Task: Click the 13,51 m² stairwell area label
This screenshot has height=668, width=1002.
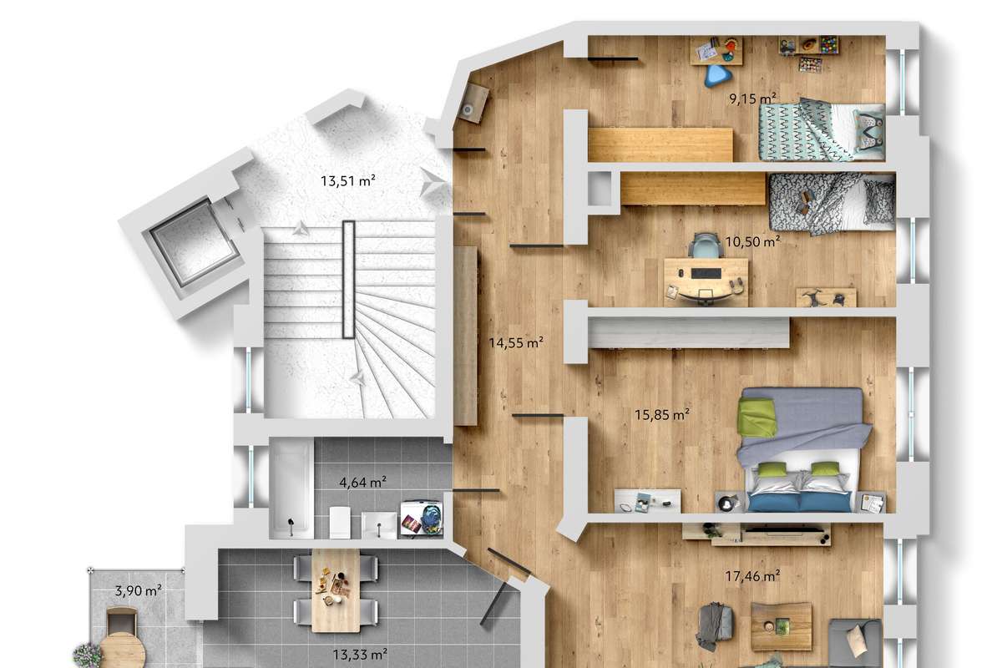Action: point(348,180)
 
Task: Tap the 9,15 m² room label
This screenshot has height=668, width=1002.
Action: point(752,99)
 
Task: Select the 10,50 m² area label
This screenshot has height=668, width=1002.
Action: point(752,242)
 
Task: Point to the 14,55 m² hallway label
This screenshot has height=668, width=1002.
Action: point(516,342)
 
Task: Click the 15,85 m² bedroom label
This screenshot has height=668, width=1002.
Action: point(662,415)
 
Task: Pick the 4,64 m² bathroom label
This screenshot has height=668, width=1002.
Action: point(362,483)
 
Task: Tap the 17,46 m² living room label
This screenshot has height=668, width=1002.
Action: point(753,576)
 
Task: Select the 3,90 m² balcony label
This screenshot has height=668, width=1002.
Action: point(139,590)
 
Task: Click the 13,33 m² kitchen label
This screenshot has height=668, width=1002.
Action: point(360,655)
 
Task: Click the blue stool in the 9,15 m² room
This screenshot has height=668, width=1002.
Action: point(717,76)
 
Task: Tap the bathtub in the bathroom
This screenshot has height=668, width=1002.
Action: point(291,488)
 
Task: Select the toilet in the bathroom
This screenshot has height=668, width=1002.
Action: point(340,522)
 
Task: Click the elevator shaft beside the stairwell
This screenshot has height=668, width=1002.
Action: point(194,244)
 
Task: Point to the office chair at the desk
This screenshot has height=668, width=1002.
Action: point(706,246)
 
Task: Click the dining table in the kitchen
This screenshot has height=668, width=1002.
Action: point(336,590)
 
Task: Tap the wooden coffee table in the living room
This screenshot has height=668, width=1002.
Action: point(781,626)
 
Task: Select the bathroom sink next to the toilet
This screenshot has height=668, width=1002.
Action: point(379,525)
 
